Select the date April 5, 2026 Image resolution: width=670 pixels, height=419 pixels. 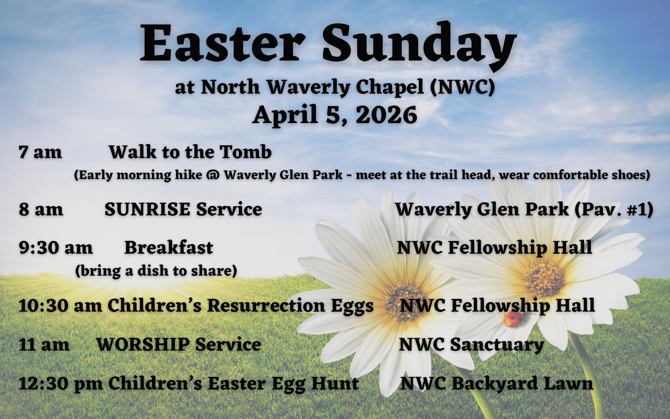point(335,115)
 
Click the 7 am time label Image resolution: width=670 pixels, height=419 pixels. point(40,152)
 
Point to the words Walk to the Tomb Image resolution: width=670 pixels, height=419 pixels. point(190,152)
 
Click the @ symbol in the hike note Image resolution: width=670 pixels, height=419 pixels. point(213,175)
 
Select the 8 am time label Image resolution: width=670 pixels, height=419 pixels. point(41,209)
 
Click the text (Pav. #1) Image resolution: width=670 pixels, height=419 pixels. point(614,210)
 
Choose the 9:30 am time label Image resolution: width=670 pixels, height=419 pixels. point(56,248)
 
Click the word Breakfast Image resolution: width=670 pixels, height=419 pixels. point(169,247)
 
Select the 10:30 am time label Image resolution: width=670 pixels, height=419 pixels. point(60,306)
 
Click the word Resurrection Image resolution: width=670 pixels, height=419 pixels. point(266,305)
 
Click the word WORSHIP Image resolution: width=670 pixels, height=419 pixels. point(143,344)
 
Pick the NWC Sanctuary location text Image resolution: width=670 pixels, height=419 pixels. point(471,345)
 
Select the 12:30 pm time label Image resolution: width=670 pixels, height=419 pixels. point(61,384)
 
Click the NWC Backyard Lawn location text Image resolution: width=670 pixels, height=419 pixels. point(497,384)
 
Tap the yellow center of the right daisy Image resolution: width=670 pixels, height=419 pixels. point(544,278)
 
